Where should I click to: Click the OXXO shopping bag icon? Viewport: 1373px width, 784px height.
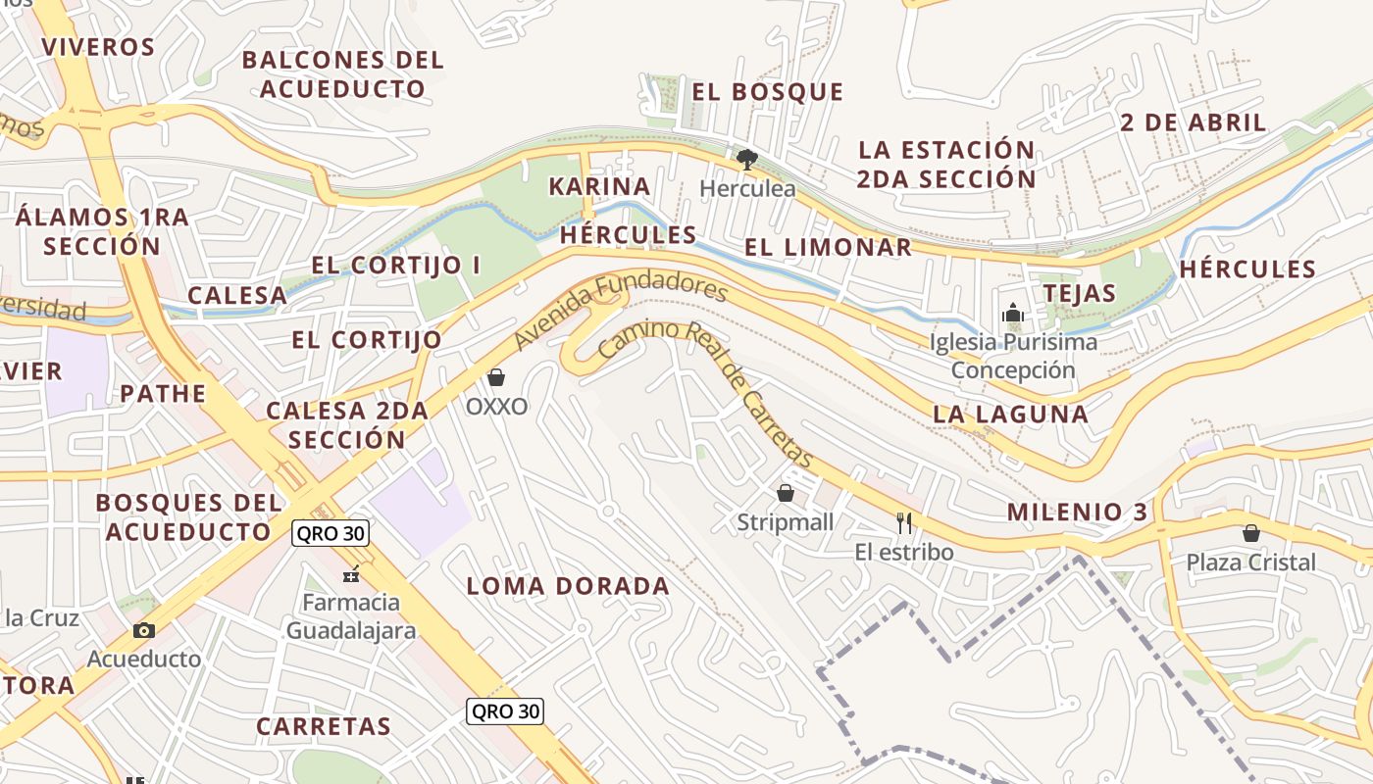(496, 377)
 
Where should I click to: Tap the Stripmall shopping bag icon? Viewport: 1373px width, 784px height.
(785, 493)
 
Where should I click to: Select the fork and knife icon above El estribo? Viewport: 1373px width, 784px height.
(904, 523)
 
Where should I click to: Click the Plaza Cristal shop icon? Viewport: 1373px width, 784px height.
(1250, 533)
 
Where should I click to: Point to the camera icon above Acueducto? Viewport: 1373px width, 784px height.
(144, 630)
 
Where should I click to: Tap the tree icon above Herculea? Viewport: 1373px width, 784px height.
(746, 159)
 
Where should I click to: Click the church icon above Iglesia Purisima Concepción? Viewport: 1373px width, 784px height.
(1012, 314)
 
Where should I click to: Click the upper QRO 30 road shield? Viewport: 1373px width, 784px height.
(330, 534)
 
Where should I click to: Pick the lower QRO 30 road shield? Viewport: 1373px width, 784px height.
(505, 711)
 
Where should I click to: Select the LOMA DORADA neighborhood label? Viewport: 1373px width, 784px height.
(568, 587)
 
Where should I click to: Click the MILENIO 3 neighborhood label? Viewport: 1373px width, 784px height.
(1077, 512)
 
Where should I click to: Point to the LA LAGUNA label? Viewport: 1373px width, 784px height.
(1010, 414)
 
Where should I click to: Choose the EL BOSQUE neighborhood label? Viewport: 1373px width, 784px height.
(767, 92)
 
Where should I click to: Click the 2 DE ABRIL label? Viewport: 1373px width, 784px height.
(1193, 122)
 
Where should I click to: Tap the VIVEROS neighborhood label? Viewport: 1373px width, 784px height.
(98, 47)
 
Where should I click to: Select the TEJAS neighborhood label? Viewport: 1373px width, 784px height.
(1079, 293)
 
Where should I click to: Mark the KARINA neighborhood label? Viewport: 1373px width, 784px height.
(599, 186)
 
